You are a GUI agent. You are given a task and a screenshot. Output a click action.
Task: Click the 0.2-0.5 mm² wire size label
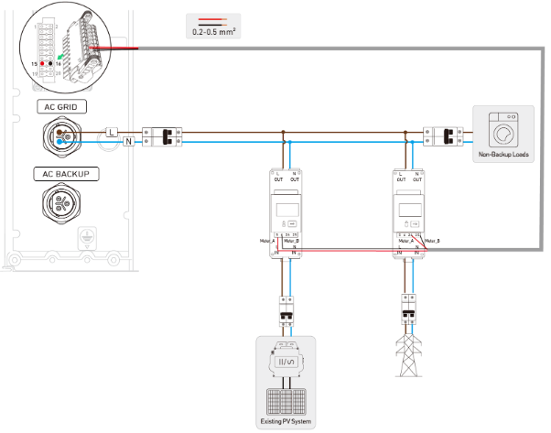(211, 31)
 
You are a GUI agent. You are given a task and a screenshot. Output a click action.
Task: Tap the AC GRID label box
(61, 106)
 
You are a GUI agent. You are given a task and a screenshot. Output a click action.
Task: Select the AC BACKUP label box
(61, 172)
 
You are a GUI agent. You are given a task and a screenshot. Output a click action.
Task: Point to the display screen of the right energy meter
(408, 210)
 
